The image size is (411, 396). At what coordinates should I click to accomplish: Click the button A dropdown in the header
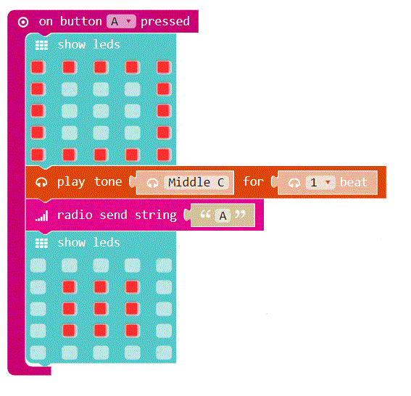click(121, 22)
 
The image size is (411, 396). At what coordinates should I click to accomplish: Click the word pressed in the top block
click(165, 22)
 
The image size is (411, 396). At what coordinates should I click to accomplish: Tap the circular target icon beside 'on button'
click(23, 22)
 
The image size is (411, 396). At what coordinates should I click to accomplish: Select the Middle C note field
click(196, 183)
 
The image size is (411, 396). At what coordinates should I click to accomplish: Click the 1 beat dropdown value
click(320, 183)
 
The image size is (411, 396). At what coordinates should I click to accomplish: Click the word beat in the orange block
click(354, 183)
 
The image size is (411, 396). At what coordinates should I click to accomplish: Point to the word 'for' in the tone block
click(253, 181)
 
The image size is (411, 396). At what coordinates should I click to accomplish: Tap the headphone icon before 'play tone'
click(41, 182)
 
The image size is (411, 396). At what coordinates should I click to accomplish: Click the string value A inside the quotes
click(223, 216)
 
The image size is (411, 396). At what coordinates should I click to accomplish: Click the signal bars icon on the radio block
click(41, 216)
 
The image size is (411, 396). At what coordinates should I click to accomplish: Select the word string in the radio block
click(156, 215)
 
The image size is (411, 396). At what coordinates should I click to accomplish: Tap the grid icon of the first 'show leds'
click(41, 45)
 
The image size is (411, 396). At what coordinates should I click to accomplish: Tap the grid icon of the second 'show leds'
click(41, 244)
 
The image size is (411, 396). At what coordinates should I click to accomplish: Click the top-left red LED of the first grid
click(38, 67)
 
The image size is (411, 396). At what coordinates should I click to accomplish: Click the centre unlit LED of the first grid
click(101, 111)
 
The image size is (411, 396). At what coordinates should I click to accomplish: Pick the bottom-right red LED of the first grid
click(164, 154)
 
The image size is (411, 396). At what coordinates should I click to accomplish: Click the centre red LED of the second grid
click(100, 309)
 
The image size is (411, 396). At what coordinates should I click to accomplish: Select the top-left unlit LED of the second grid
click(38, 265)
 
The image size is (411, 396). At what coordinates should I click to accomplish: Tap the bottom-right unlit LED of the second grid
click(164, 352)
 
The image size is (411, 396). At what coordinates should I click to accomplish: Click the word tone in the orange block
click(108, 181)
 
